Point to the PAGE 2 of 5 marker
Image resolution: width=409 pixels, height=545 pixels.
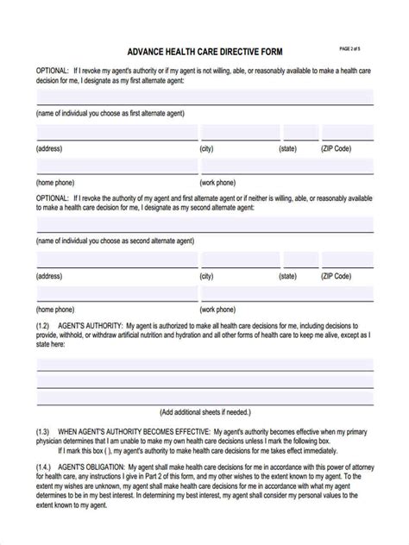click(355, 48)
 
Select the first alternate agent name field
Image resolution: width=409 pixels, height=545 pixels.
click(204, 97)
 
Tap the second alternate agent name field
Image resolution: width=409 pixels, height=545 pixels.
click(204, 225)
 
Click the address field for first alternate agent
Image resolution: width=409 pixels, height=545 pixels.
click(116, 132)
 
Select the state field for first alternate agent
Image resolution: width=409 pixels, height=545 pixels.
click(300, 132)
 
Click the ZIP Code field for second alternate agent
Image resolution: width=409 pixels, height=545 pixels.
click(348, 260)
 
